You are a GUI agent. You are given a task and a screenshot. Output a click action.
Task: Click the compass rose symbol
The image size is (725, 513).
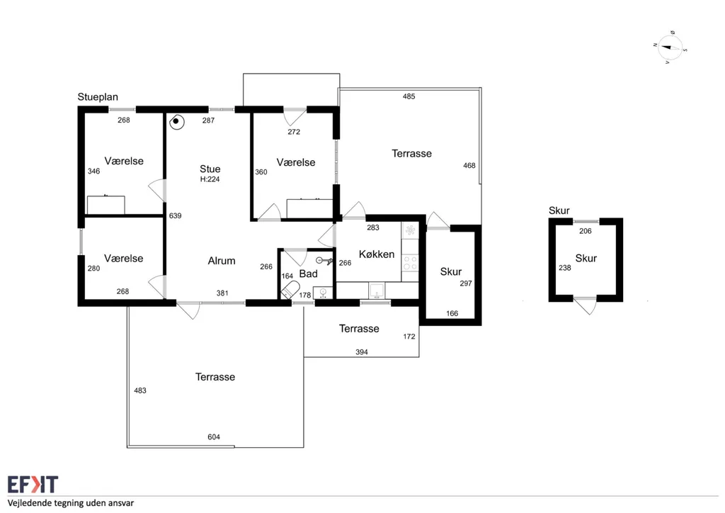pyautogui.click(x=670, y=47)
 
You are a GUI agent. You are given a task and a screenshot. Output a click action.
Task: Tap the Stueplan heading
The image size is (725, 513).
pyautogui.click(x=98, y=97)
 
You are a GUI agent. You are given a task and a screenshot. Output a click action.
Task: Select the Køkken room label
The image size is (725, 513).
pyautogui.click(x=377, y=254)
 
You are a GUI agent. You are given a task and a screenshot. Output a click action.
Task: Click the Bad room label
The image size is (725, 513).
pyautogui.click(x=309, y=274)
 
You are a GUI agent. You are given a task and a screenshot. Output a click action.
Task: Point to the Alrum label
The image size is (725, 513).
pyautogui.click(x=222, y=261)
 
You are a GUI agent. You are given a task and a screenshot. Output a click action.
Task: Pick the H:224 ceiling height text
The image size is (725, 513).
pyautogui.click(x=210, y=179)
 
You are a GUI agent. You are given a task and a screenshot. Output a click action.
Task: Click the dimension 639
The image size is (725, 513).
pyautogui.click(x=176, y=215)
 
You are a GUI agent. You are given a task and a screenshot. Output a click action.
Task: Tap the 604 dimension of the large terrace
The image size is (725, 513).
pyautogui.click(x=214, y=436)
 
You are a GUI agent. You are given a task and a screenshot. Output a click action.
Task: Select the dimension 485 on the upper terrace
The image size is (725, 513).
pyautogui.click(x=409, y=96)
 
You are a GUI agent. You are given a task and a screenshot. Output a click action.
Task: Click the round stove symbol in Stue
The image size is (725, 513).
pyautogui.click(x=176, y=122)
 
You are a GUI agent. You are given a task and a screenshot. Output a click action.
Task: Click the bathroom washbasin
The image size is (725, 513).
pyautogui.click(x=323, y=293)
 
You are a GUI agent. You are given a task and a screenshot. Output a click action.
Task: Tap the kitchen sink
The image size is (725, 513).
pyautogui.click(x=377, y=291)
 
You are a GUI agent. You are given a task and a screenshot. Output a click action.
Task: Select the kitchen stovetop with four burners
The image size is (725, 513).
pyautogui.click(x=410, y=263)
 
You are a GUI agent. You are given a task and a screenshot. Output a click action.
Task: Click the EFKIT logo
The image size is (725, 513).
pyautogui.click(x=33, y=485)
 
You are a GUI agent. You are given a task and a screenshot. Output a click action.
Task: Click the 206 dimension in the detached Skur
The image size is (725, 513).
pyautogui.click(x=586, y=231)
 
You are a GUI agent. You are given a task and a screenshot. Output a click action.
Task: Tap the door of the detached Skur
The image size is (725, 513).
pyautogui.click(x=586, y=305)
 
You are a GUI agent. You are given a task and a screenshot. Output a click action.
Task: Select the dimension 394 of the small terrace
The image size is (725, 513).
pyautogui.click(x=362, y=352)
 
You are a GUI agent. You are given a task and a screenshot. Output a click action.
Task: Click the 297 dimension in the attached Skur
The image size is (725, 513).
pyautogui.click(x=466, y=283)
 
